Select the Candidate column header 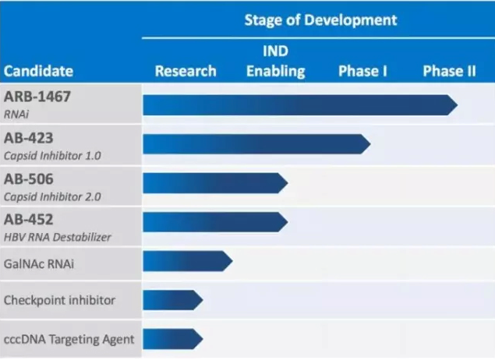tap(39, 71)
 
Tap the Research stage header tap(186, 71)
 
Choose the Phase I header tap(363, 71)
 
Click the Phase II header tap(449, 71)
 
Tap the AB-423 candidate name tap(29, 138)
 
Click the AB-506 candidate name tap(29, 178)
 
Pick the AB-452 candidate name tap(29, 219)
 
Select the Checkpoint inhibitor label tap(60, 300)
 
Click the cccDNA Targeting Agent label tap(69, 339)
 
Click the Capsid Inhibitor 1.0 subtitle tap(52, 155)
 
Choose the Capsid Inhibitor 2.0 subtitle tap(52, 196)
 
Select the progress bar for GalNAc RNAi tap(187, 262)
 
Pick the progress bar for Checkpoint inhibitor tap(172, 300)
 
